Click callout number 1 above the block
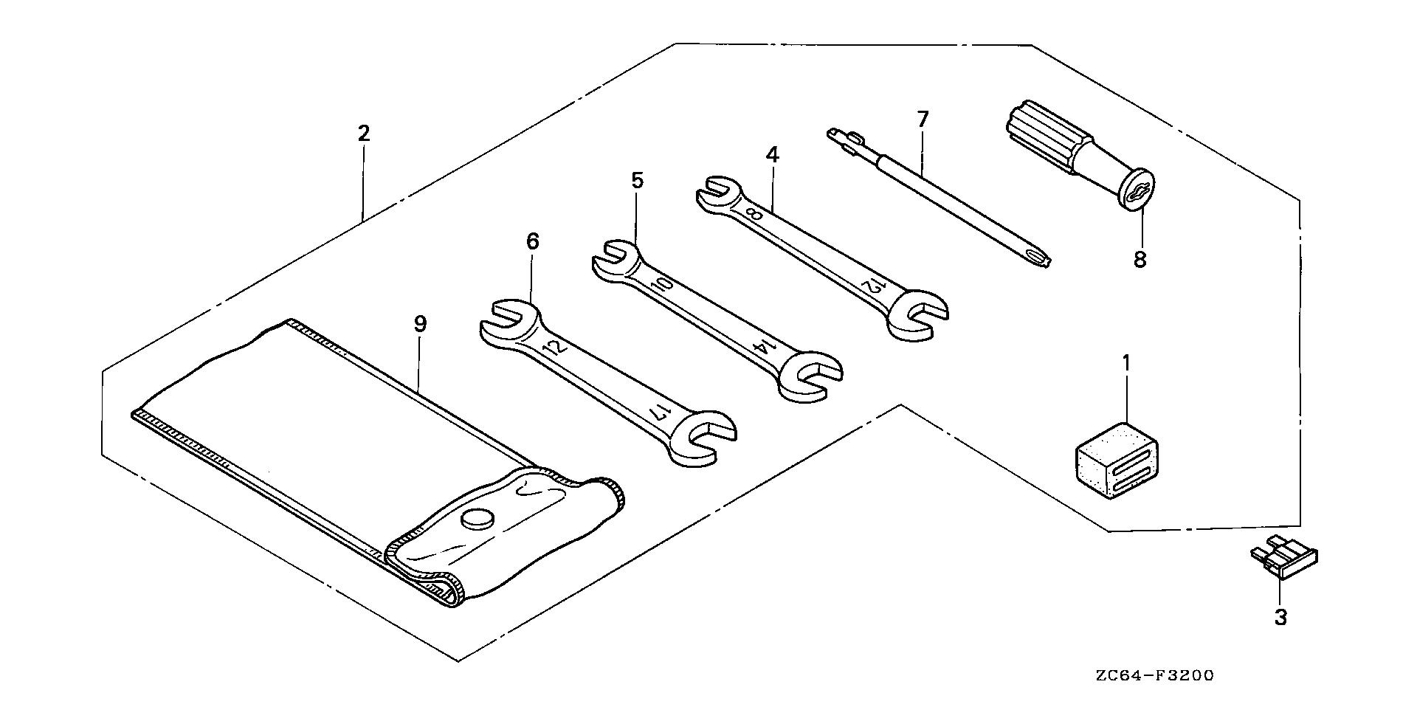[1126, 363]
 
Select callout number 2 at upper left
[362, 134]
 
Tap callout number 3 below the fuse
[1280, 617]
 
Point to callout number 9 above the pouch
[420, 324]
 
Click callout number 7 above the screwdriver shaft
[923, 120]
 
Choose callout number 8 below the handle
[1140, 260]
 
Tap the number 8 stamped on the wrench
[754, 214]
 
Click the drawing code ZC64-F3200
[1154, 675]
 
